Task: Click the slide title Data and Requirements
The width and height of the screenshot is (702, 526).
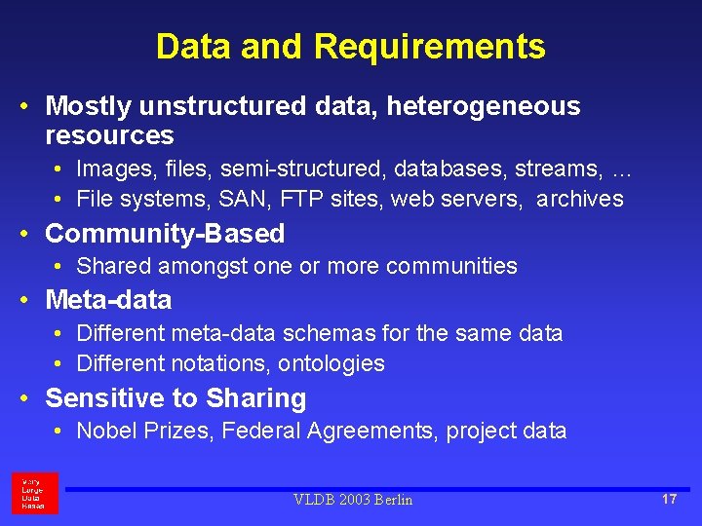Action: pyautogui.click(x=350, y=46)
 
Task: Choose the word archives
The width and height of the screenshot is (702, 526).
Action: pyautogui.click(x=580, y=199)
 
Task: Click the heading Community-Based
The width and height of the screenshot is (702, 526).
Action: pyautogui.click(x=165, y=234)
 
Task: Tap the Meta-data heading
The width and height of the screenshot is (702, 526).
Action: pyautogui.click(x=108, y=300)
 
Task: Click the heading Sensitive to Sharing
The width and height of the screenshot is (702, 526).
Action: pyautogui.click(x=175, y=398)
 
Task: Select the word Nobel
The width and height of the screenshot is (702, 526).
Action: pyautogui.click(x=104, y=431)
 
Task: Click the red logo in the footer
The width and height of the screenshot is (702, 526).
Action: pyautogui.click(x=35, y=493)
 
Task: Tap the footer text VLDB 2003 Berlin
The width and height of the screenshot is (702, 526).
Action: pyautogui.click(x=353, y=500)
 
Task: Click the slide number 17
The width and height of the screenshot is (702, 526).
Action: pyautogui.click(x=669, y=499)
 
